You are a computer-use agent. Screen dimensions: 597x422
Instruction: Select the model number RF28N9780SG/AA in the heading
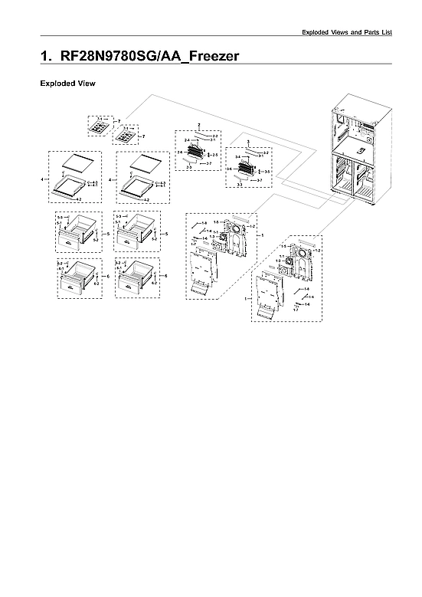click(116, 57)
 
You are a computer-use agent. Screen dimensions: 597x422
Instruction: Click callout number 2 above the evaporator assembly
click(199, 124)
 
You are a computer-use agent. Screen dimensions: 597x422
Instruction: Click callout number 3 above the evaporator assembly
click(247, 143)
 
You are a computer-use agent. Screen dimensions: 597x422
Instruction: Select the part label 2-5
click(216, 155)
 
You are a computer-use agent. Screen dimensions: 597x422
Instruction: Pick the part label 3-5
click(267, 172)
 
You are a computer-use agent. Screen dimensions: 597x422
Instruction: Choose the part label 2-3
click(190, 167)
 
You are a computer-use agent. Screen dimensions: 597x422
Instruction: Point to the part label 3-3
click(240, 185)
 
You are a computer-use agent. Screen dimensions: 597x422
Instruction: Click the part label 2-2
click(215, 136)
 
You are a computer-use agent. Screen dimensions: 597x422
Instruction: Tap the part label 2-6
click(180, 153)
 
